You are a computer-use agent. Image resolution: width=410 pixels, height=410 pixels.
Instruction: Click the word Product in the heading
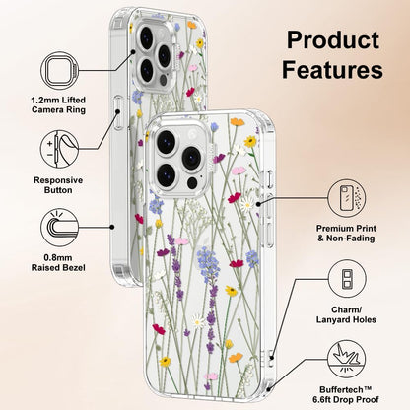coord(333,41)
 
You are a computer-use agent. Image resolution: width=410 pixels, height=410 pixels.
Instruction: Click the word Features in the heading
coord(332,69)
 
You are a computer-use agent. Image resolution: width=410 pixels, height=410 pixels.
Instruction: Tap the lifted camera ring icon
coord(60,71)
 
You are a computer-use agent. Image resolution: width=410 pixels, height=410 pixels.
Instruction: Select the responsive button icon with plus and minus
coord(60,149)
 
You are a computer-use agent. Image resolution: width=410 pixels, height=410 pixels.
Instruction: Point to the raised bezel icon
coord(60,228)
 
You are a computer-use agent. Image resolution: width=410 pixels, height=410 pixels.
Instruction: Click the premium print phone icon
coord(347,198)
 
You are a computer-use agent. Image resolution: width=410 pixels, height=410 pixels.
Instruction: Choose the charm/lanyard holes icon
coord(347,279)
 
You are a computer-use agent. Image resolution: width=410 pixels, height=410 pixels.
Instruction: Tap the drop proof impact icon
coord(347,359)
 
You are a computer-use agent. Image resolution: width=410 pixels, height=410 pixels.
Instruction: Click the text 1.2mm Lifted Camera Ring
coord(58,104)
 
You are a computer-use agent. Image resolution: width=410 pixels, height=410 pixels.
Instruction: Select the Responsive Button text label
coord(58,185)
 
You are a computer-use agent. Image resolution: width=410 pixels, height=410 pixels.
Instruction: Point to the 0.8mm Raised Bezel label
coord(58,263)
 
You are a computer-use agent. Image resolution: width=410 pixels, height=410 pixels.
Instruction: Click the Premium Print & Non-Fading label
coord(346,234)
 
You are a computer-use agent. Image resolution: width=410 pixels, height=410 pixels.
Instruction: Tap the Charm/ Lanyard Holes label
coord(346,314)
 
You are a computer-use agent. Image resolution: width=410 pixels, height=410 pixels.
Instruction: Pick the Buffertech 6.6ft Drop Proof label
coord(346,395)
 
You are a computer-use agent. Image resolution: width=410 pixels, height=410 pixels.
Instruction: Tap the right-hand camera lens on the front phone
coord(191,158)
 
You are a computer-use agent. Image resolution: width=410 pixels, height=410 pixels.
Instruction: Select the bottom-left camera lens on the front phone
coord(166,174)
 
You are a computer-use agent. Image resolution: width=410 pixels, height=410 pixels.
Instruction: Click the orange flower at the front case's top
coord(238,122)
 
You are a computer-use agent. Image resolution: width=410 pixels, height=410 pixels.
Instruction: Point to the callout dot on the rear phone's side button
coord(118,112)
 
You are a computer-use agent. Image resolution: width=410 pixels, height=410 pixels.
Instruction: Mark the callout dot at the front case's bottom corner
coord(269,389)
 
